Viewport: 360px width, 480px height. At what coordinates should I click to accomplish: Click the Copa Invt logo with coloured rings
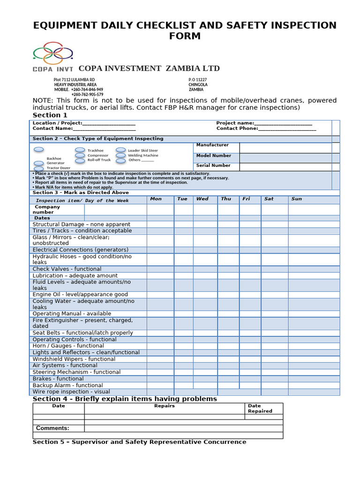click(x=53, y=57)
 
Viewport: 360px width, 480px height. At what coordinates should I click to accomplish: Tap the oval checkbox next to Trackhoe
click(x=80, y=150)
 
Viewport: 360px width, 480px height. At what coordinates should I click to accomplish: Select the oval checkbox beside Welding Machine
click(x=121, y=155)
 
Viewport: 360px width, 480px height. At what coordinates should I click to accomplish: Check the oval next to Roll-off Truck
click(x=80, y=160)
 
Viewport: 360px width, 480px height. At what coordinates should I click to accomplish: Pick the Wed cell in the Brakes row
click(x=205, y=379)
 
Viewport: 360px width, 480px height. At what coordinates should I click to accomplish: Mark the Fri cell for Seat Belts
click(x=250, y=333)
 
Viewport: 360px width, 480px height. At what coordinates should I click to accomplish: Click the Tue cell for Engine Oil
click(x=183, y=295)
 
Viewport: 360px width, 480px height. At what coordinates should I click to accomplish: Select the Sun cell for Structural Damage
click(x=314, y=225)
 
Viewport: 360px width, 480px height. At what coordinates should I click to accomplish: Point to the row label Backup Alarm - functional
click(x=67, y=385)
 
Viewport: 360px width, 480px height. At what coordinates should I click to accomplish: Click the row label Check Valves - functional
click(x=67, y=269)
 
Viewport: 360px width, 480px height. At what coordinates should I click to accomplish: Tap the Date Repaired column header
click(x=260, y=408)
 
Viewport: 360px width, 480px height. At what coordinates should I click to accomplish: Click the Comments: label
click(x=52, y=428)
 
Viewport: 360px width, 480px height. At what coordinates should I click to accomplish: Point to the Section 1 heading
click(x=50, y=115)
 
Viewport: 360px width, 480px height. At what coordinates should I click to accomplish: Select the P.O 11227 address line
click(x=197, y=80)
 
